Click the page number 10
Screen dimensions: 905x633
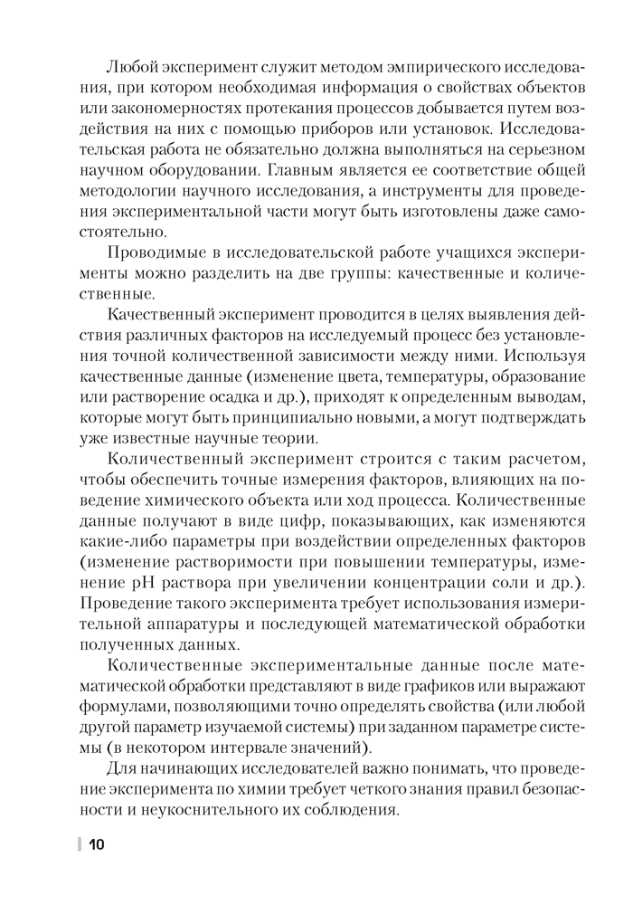[x=97, y=845]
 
